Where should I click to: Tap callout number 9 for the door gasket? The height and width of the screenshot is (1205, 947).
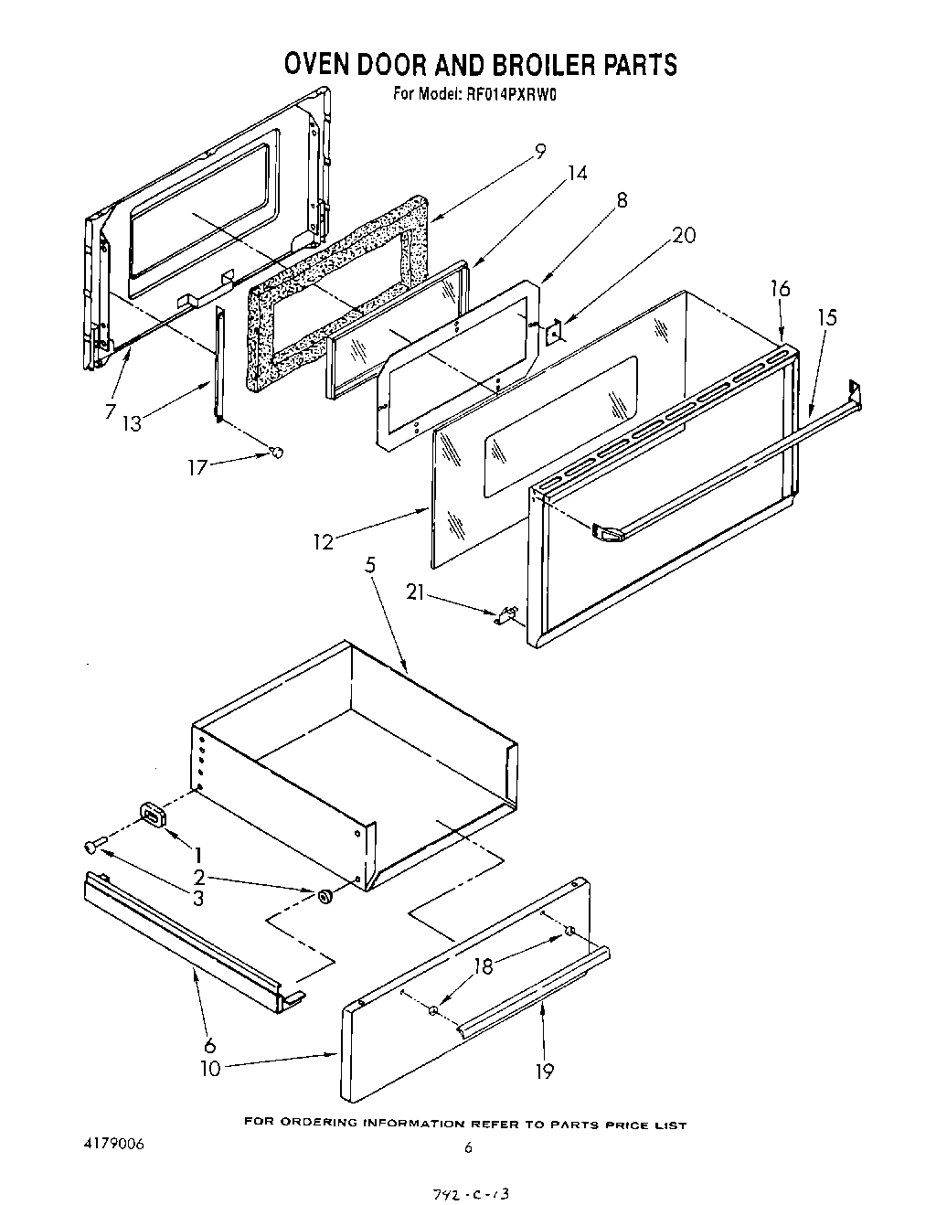pos(540,152)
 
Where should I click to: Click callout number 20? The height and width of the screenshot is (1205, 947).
pos(683,235)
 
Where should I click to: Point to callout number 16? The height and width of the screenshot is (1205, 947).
pos(779,289)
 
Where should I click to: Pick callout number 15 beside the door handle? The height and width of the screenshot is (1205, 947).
pos(826,317)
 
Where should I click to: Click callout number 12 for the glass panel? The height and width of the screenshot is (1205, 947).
pos(323,541)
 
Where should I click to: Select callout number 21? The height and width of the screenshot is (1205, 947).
pos(417,594)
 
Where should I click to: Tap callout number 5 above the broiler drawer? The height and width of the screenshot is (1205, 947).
pos(369,565)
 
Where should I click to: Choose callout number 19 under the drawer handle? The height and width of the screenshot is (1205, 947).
pos(544,1071)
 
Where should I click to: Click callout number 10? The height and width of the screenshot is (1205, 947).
pos(210,1068)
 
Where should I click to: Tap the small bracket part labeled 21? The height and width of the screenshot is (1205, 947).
pos(505,615)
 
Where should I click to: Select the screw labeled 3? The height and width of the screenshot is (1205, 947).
pos(91,847)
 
